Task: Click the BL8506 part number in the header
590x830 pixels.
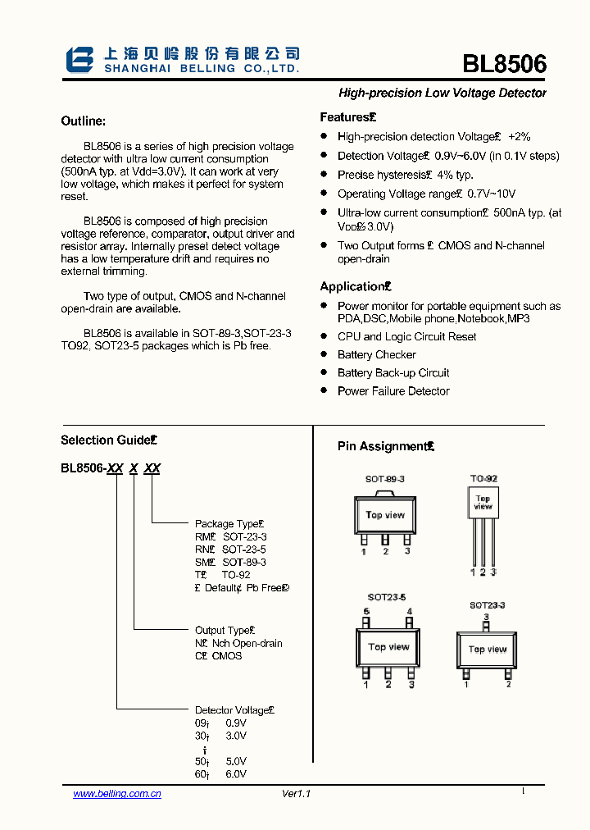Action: (504, 65)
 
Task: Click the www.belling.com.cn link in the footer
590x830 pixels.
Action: (117, 793)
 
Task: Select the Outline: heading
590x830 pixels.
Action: (84, 121)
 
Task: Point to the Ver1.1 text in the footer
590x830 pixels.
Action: (297, 793)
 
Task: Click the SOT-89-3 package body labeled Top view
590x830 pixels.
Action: (385, 515)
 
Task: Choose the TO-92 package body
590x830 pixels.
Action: (483, 502)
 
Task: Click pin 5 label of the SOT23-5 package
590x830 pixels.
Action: (366, 612)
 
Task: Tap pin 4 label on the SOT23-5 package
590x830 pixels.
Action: (410, 612)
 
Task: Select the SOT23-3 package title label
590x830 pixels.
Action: (487, 605)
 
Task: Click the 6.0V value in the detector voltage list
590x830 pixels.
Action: (236, 774)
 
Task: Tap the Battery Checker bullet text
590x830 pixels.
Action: (377, 354)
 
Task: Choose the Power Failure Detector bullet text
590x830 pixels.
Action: (393, 391)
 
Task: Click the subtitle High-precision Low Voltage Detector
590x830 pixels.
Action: (442, 93)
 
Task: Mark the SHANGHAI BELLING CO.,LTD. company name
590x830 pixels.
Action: (202, 70)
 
